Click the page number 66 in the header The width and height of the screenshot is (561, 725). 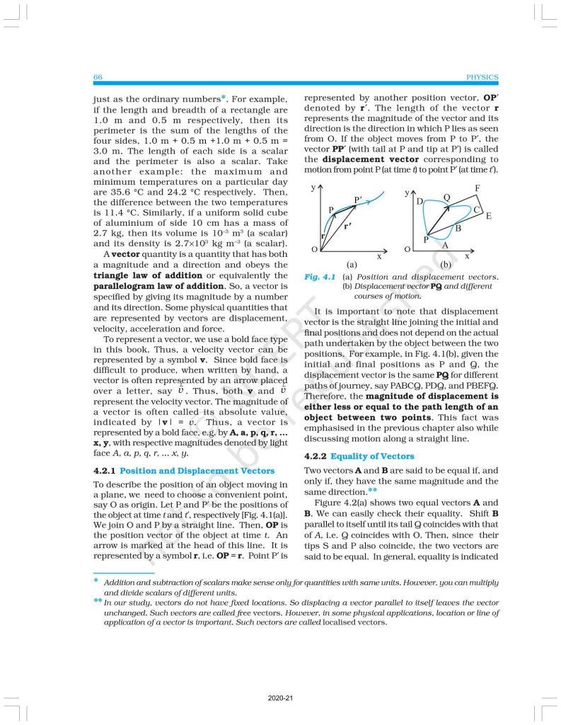click(x=98, y=77)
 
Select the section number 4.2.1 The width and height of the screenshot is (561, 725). click(x=105, y=470)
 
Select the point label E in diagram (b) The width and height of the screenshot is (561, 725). click(x=488, y=215)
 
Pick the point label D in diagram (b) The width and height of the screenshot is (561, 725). click(x=420, y=202)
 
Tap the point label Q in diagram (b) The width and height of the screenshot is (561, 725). click(x=446, y=197)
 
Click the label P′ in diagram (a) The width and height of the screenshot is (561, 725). click(x=359, y=200)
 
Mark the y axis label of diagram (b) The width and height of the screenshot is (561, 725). click(x=407, y=193)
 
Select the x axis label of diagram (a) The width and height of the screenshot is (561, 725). click(x=379, y=256)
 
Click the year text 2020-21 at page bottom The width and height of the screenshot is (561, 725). click(x=280, y=698)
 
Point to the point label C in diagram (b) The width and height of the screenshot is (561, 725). click(x=476, y=210)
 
